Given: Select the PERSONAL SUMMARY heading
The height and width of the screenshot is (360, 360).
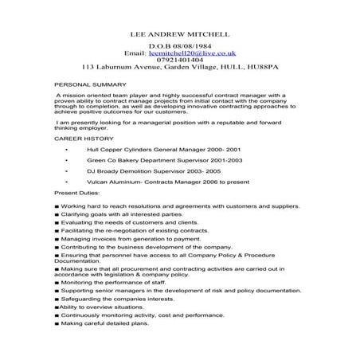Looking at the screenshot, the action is (89, 84).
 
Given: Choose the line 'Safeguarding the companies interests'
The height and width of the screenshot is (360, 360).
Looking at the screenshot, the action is (121, 299).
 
